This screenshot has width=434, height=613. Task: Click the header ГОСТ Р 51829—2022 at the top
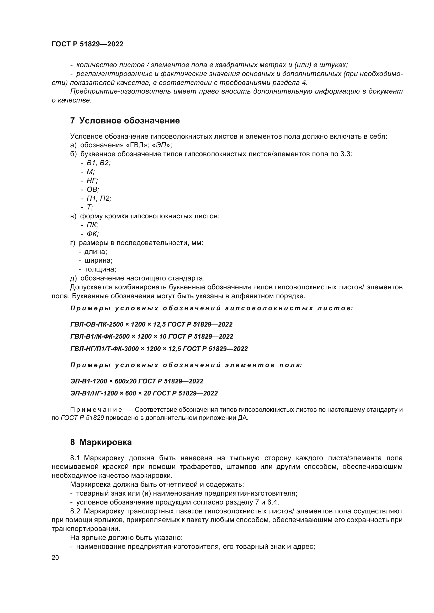click(x=87, y=44)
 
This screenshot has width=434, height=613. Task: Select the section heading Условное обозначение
click(x=130, y=121)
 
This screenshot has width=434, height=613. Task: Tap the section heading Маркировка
click(x=105, y=442)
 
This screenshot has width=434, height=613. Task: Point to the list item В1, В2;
click(x=99, y=163)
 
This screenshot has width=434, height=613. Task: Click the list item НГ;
click(x=92, y=181)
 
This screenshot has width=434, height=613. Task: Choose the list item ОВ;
click(x=93, y=189)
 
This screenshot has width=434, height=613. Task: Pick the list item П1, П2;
click(x=99, y=198)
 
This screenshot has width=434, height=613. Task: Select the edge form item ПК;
click(x=92, y=225)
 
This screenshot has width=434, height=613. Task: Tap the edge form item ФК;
click(x=93, y=234)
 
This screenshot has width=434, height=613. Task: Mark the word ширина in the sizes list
click(x=98, y=260)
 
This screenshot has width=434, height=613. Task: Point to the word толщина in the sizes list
click(x=100, y=269)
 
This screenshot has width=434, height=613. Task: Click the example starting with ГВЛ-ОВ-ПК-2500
click(x=151, y=324)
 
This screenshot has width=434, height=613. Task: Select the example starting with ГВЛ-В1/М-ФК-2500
click(x=151, y=337)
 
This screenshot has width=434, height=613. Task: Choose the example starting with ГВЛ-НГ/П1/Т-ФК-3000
click(x=159, y=349)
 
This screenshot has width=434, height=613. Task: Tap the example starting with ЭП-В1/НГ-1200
click(x=144, y=393)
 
